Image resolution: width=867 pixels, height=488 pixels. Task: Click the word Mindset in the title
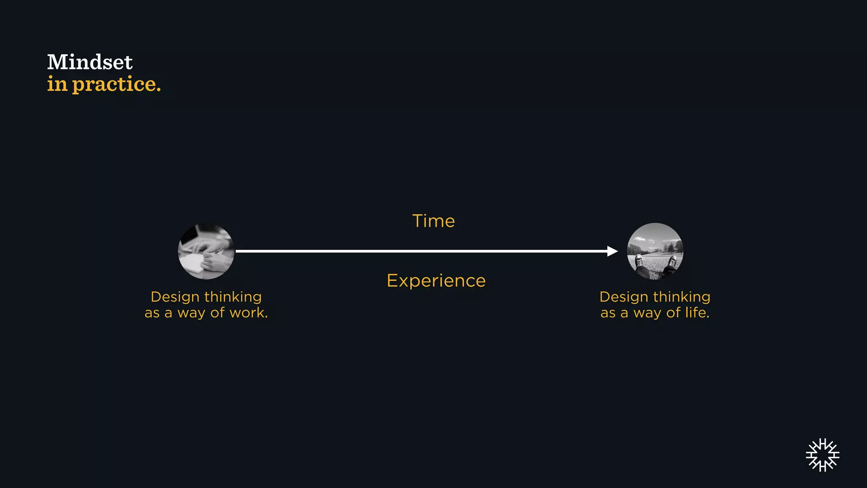[x=90, y=62]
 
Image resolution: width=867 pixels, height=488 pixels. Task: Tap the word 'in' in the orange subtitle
[x=57, y=84]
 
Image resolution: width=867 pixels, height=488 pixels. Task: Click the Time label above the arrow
[x=433, y=221]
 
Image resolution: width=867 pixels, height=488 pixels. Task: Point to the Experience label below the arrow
[x=436, y=281]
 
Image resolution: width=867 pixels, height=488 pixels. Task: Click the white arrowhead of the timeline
[x=612, y=251]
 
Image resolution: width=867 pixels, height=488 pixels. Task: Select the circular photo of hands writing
[x=206, y=251]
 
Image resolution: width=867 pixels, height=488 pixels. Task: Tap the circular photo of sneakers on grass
[x=655, y=251]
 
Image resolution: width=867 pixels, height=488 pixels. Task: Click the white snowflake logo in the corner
[x=823, y=455]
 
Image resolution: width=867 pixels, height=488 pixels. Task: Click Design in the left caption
[x=175, y=297]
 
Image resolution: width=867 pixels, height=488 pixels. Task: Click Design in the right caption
[x=624, y=297]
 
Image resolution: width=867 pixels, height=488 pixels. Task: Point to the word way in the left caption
[x=191, y=313]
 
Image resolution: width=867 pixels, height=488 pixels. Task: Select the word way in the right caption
[x=647, y=313]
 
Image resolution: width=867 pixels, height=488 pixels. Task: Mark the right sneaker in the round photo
[x=672, y=262]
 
